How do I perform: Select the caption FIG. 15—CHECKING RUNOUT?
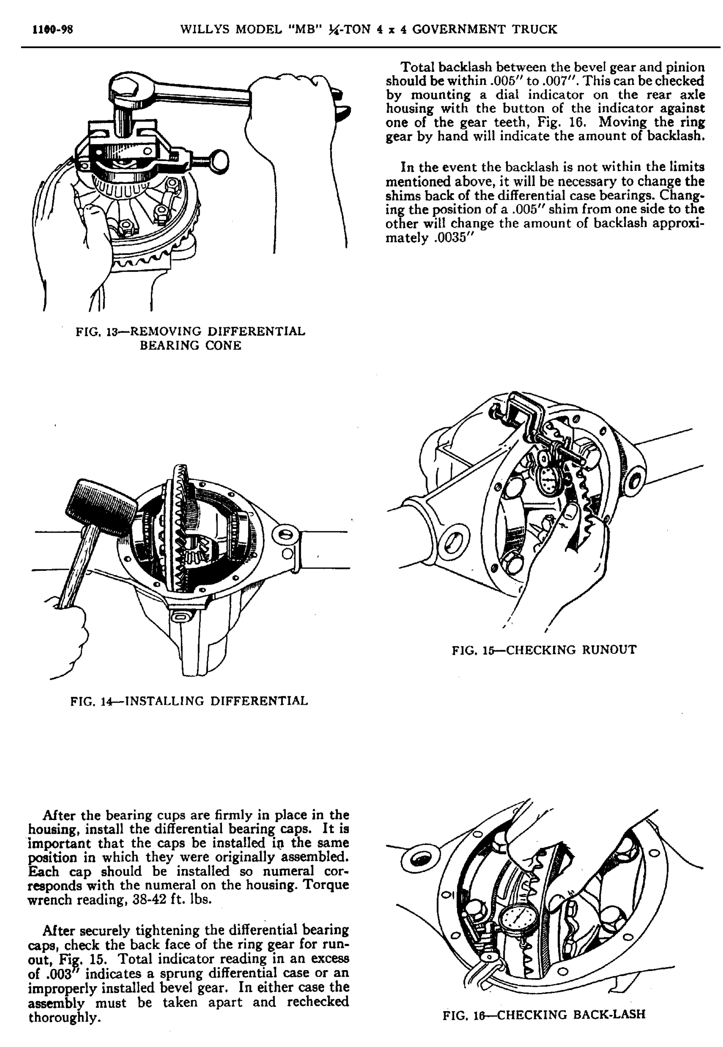(x=544, y=650)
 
